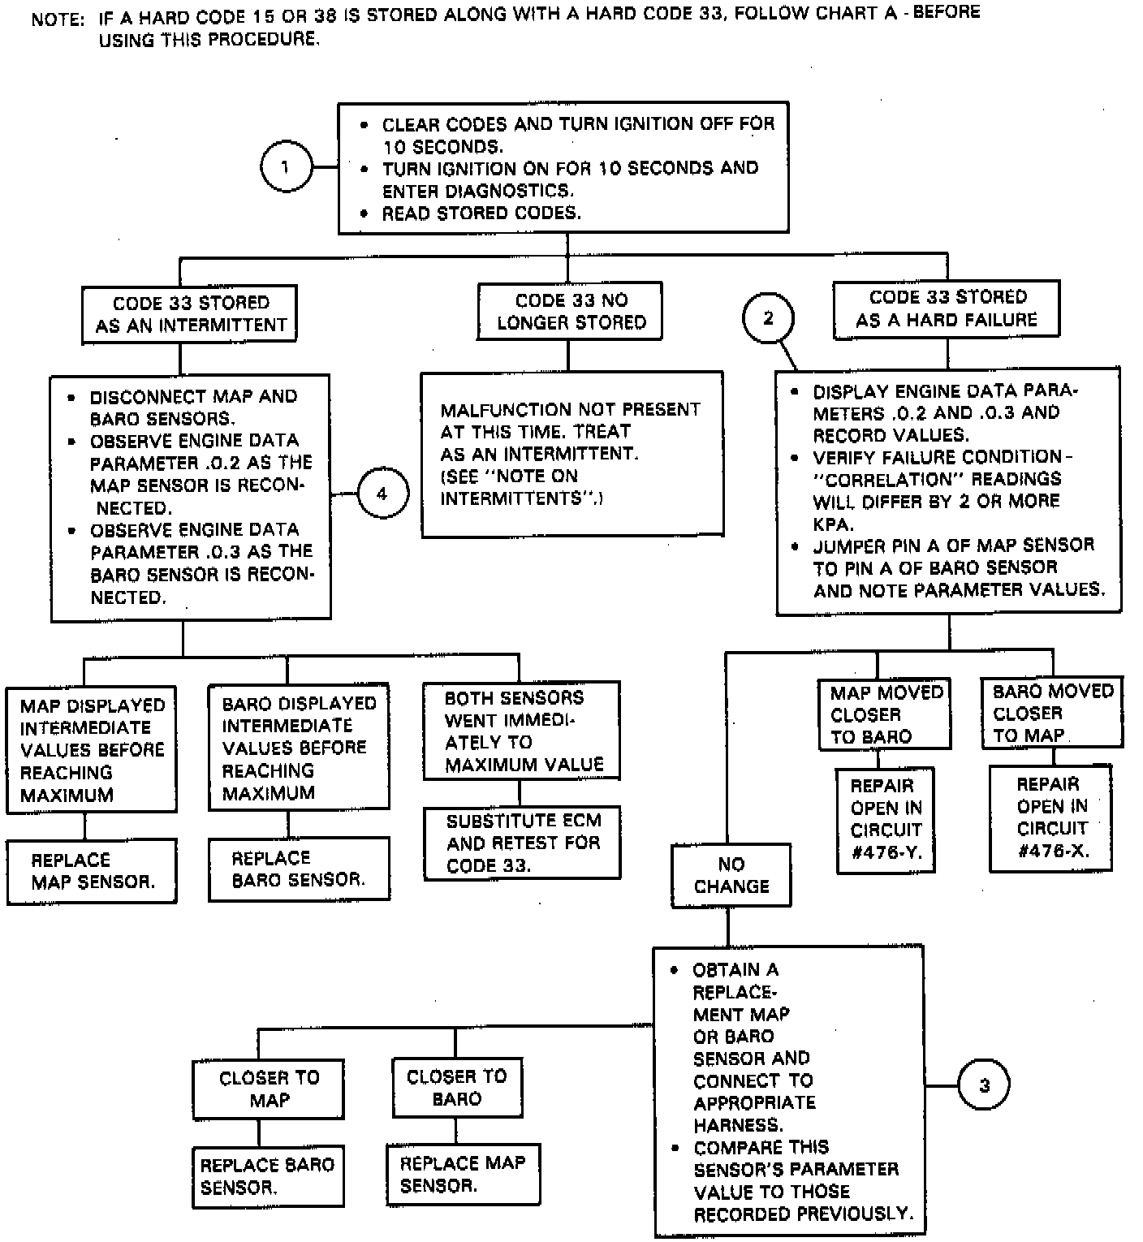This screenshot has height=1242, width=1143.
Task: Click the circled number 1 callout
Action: click(x=285, y=167)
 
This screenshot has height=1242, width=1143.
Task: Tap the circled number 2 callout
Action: click(x=768, y=318)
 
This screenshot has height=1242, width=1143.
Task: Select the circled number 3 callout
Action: click(x=984, y=1085)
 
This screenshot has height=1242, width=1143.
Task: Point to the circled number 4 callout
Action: click(x=382, y=493)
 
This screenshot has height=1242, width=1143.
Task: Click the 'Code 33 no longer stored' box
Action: click(x=570, y=312)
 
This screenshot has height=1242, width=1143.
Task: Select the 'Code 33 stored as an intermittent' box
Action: click(x=190, y=314)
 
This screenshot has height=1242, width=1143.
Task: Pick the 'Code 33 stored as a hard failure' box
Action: click(x=947, y=309)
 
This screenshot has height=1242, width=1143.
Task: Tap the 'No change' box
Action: click(x=731, y=875)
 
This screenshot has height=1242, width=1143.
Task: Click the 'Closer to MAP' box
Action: click(x=269, y=1089)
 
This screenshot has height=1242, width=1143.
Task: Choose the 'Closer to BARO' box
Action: click(x=456, y=1088)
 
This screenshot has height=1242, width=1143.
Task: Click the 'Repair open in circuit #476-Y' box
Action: click(x=886, y=820)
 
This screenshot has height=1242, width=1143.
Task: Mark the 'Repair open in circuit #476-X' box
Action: click(x=1051, y=817)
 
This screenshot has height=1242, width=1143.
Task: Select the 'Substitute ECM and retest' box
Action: click(x=522, y=843)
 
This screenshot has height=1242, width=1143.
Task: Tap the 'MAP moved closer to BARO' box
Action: click(x=884, y=714)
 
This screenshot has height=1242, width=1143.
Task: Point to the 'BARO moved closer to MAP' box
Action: click(x=1052, y=713)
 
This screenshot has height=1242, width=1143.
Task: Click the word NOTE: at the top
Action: click(x=58, y=19)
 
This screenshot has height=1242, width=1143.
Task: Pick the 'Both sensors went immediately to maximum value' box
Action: click(x=522, y=731)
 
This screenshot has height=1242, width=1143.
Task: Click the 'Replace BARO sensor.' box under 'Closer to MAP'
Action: click(x=268, y=1176)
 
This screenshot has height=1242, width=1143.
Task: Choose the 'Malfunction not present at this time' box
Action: click(x=571, y=454)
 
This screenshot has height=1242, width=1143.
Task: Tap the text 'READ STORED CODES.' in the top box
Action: click(x=481, y=213)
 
